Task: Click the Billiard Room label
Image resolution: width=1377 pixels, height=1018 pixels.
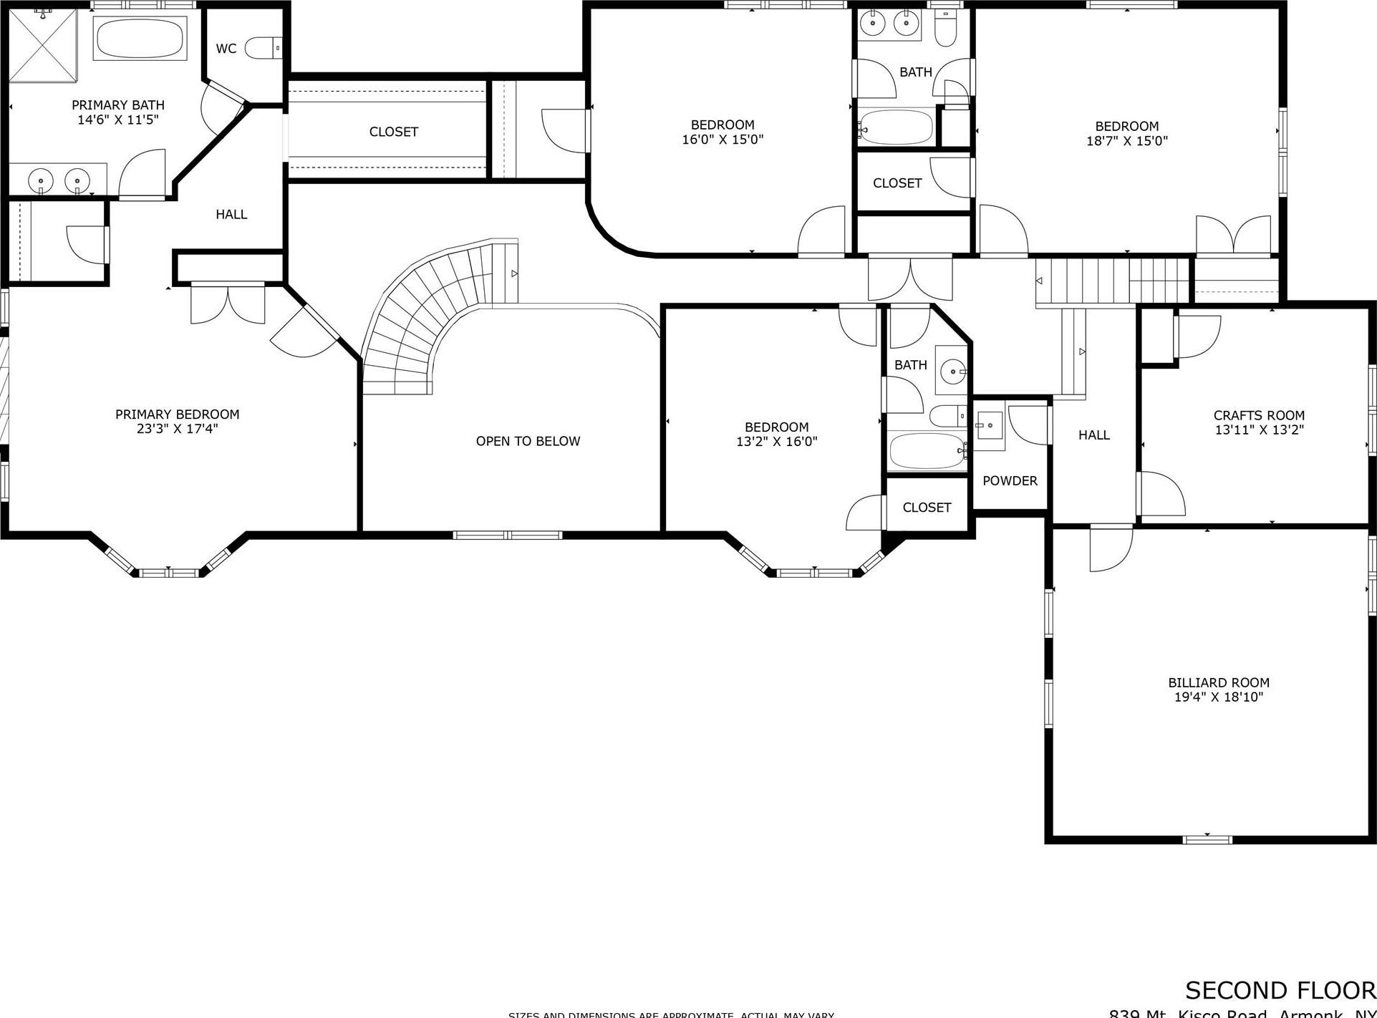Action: [x=1218, y=682]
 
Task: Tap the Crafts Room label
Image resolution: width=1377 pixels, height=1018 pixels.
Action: [x=1259, y=415]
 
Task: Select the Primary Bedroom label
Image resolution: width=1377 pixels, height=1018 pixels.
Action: [x=177, y=414]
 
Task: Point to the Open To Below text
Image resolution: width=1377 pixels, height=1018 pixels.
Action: [x=528, y=441]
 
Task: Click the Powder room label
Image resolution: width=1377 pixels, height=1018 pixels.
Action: [x=1010, y=480]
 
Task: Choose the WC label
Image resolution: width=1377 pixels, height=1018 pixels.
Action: [x=226, y=49]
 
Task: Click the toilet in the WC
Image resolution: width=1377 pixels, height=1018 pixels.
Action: [x=263, y=48]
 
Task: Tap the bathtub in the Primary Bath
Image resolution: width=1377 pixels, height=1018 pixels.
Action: [x=140, y=39]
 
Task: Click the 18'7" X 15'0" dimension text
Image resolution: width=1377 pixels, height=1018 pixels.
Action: [x=1126, y=141]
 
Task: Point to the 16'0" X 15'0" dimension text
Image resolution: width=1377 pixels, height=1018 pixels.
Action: [x=723, y=140]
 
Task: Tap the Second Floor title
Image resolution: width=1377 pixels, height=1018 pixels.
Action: [x=1280, y=990]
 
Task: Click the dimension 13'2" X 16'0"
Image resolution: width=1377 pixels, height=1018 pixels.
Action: [x=776, y=442]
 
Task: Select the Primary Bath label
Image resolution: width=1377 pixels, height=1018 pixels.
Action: [x=118, y=105]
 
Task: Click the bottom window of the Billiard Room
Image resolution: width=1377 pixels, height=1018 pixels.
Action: [x=1207, y=839]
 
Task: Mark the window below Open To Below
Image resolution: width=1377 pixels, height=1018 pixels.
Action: [x=508, y=535]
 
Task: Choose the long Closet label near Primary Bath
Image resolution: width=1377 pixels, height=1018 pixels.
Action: [x=393, y=132]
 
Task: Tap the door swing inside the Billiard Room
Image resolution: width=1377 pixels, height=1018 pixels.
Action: [x=1110, y=550]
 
